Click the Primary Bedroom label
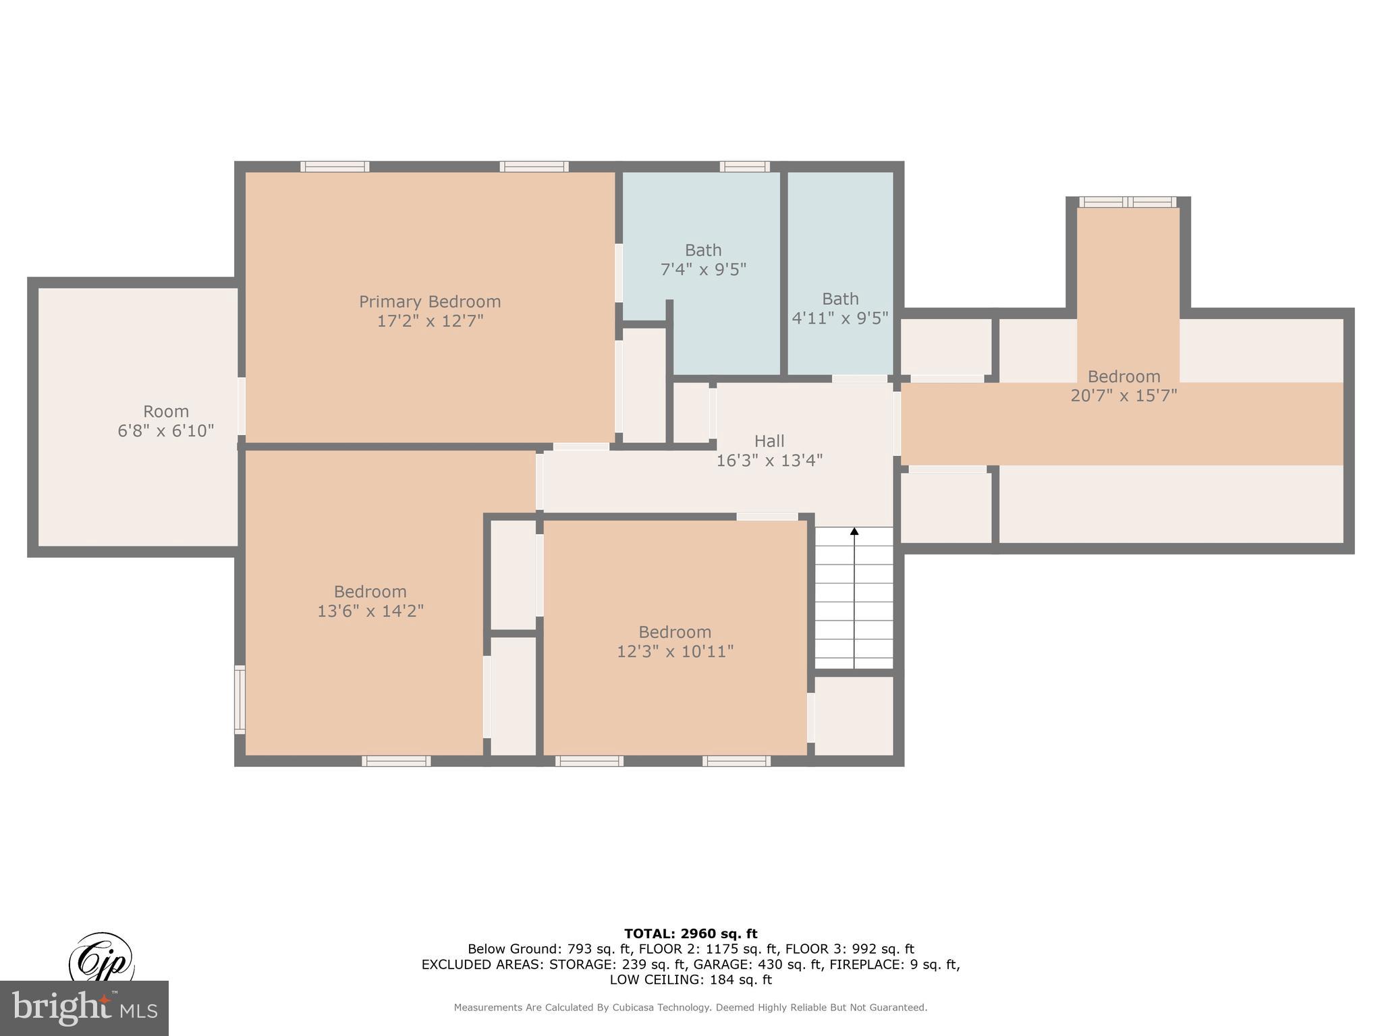pos(430,301)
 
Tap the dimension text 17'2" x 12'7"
pos(430,321)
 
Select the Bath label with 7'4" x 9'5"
pos(703,250)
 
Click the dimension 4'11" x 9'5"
pos(840,318)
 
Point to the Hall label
pos(769,441)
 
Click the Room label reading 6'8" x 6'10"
pos(166,411)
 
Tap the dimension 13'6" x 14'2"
pos(370,611)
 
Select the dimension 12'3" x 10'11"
pos(675,652)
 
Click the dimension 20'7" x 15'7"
pos(1124,396)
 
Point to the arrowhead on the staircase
pos(854,531)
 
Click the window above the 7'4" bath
pos(744,167)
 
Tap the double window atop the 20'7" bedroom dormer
pos(1128,202)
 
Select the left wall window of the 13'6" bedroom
pos(240,699)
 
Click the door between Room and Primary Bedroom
pos(241,406)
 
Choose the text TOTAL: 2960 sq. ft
pos(690,934)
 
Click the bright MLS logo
pos(84,1008)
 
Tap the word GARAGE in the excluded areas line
pos(718,965)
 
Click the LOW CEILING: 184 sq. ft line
pos(690,980)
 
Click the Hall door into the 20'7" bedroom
pos(897,424)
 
